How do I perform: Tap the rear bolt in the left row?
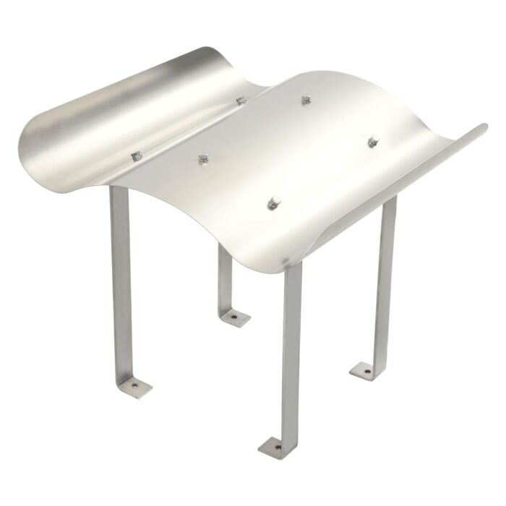click(x=241, y=100)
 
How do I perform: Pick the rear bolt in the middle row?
click(x=306, y=100)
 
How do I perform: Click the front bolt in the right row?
click(x=274, y=202)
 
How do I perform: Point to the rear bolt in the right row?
click(x=373, y=141)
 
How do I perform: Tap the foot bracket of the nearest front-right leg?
click(x=275, y=446)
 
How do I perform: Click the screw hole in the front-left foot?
click(x=134, y=387)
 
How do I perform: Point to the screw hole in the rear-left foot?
click(x=235, y=317)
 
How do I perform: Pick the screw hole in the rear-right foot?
click(x=366, y=372)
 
